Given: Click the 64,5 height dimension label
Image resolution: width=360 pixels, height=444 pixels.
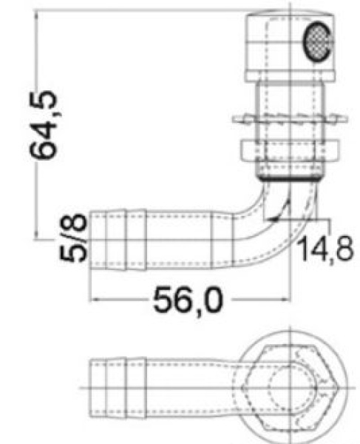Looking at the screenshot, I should (x=46, y=125).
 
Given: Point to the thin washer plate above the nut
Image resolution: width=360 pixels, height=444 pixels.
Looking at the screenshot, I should (x=288, y=118).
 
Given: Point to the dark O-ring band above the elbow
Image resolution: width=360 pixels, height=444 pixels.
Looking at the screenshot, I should (x=288, y=178).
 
